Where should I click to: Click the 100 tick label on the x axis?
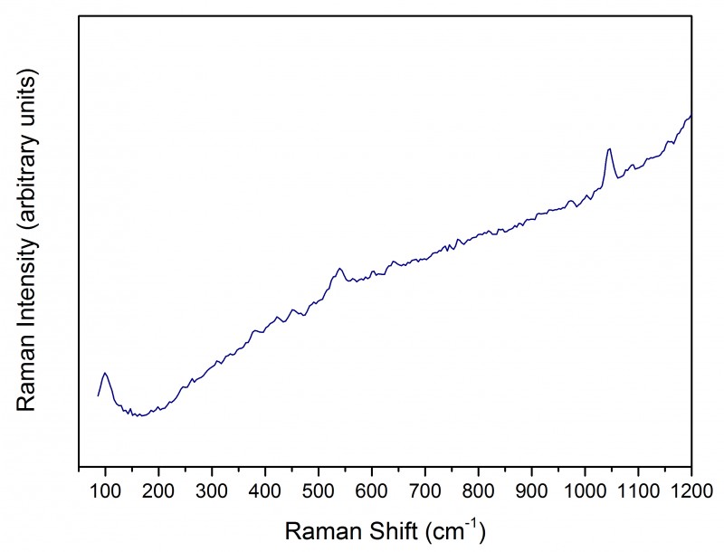(x=105, y=492)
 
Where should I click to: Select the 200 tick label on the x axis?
(x=158, y=492)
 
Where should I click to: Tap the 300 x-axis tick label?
(x=212, y=492)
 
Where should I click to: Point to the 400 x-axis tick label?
(x=265, y=492)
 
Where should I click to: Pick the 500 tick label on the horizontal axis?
(x=319, y=492)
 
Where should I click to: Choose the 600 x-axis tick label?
(x=371, y=492)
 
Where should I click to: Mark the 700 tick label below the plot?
(x=424, y=492)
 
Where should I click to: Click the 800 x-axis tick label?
(x=478, y=492)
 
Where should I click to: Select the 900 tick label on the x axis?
(x=531, y=492)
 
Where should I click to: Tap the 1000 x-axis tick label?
(x=585, y=492)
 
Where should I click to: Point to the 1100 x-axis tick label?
(x=638, y=492)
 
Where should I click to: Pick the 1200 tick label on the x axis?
(x=690, y=492)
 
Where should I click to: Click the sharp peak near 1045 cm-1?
(x=609, y=149)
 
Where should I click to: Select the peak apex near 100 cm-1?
(x=105, y=373)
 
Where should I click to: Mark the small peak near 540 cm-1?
(x=339, y=268)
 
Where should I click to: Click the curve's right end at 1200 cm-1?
(x=691, y=116)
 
